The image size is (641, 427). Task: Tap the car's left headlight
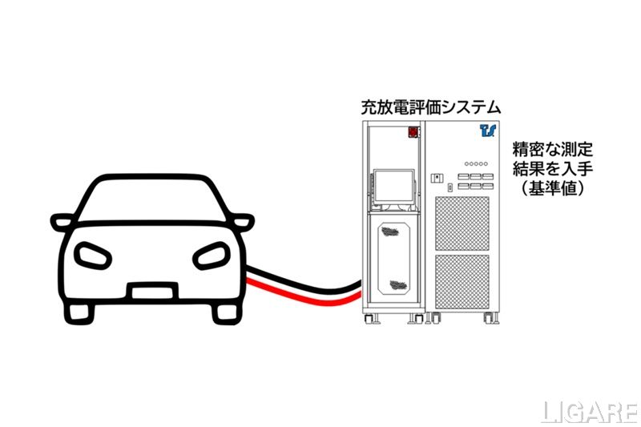89,256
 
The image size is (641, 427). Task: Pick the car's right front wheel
217,314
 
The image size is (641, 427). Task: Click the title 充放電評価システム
431,107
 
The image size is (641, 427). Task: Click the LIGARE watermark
589,412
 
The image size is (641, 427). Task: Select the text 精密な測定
552,150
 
